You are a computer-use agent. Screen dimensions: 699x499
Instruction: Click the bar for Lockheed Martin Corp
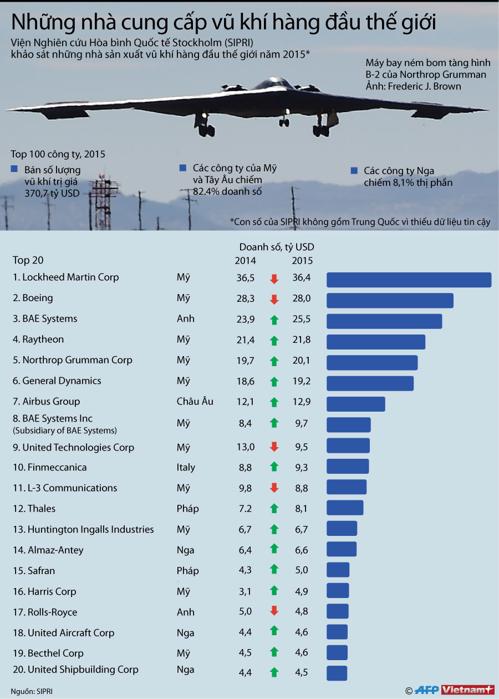coord(409,280)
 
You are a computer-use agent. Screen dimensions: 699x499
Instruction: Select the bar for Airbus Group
coord(355,404)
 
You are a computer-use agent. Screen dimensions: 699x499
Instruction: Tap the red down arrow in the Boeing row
coord(274,300)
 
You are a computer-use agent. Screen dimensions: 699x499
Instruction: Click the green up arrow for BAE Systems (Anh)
coord(274,320)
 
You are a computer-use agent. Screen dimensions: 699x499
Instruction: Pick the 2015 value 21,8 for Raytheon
coord(302,340)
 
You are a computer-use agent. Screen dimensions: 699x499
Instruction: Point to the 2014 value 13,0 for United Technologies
coord(246,447)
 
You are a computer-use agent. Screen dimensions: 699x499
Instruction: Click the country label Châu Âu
coord(195,401)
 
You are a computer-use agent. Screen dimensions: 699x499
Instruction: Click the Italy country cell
coord(186,467)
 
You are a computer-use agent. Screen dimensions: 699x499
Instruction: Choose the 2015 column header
coord(302,261)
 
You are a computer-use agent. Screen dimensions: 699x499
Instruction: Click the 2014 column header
coord(246,261)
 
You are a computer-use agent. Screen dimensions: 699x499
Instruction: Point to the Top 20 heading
coord(28,260)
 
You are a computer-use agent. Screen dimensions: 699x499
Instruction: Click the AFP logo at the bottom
coord(427,690)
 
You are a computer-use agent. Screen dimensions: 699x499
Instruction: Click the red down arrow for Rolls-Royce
coord(274,611)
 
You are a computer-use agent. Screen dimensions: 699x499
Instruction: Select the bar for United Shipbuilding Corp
coord(337,673)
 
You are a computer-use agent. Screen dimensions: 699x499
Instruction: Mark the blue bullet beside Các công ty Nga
coord(354,171)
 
